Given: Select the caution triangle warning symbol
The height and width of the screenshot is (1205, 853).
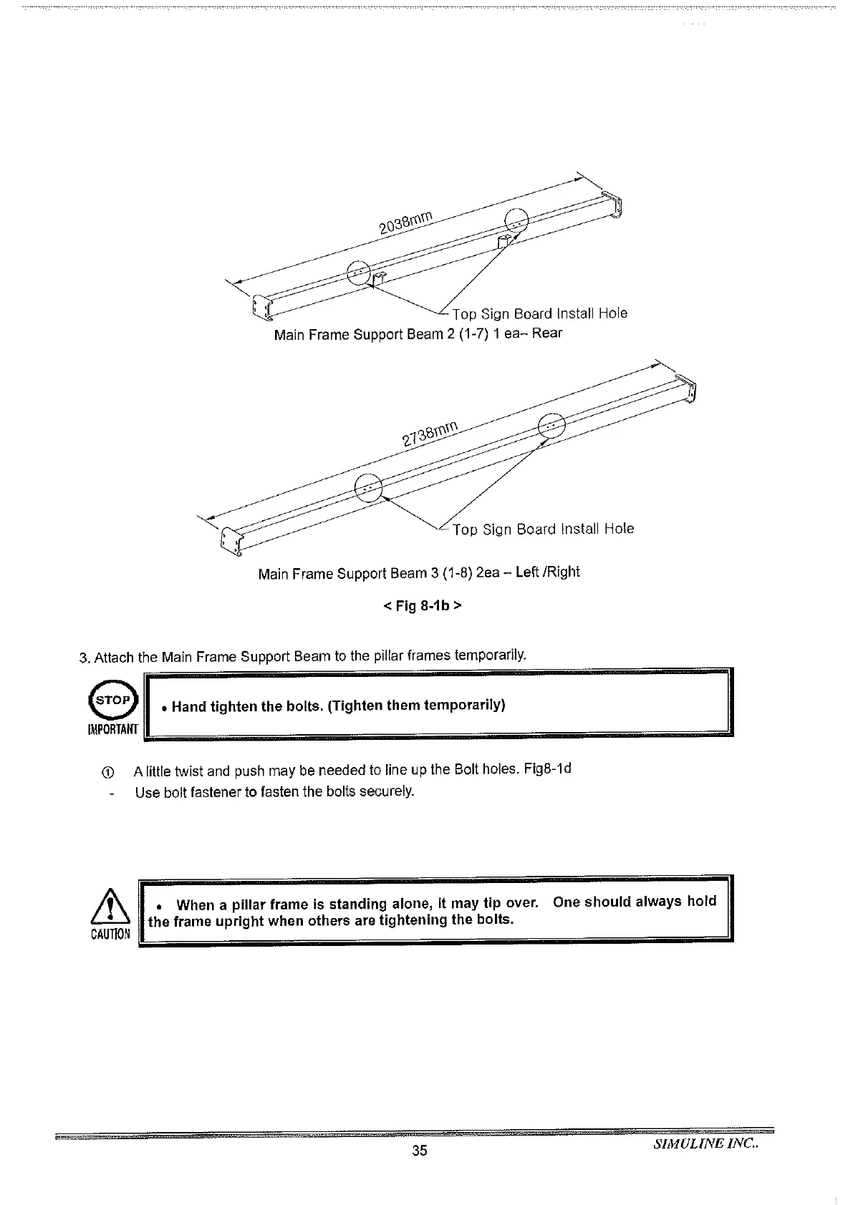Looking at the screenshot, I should pos(110,908).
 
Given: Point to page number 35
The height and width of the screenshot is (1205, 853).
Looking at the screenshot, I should pos(420,1151).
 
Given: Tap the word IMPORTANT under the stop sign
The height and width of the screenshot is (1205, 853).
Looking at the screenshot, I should pos(111,729).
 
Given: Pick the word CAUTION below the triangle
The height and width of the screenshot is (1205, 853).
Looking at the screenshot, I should pos(110,935).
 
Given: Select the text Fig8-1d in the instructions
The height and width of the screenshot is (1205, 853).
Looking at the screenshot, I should pos(548,769).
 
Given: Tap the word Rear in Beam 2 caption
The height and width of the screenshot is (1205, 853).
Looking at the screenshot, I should pos(547,333).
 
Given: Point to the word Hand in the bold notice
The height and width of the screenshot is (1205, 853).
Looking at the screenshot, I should pos(188,707).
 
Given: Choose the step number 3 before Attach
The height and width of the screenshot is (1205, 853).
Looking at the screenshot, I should pos(83,657).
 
